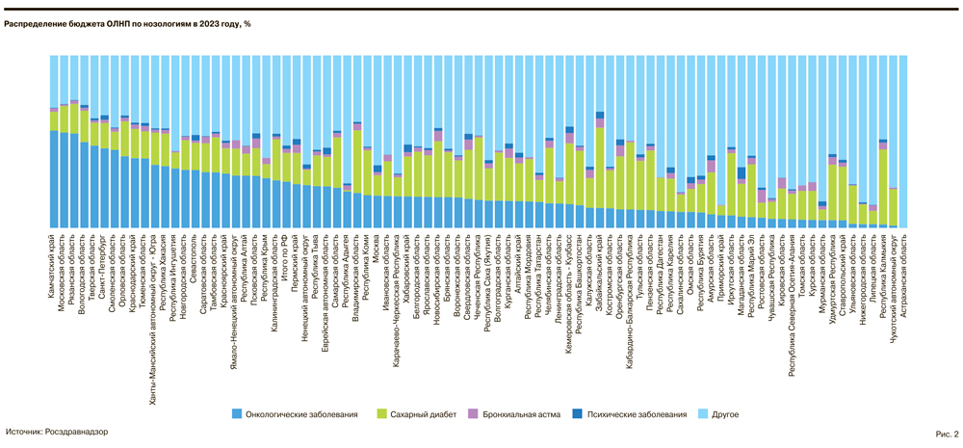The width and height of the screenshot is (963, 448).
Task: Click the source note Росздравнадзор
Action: tap(57, 433)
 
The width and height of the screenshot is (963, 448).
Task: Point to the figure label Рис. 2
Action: tap(946, 434)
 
